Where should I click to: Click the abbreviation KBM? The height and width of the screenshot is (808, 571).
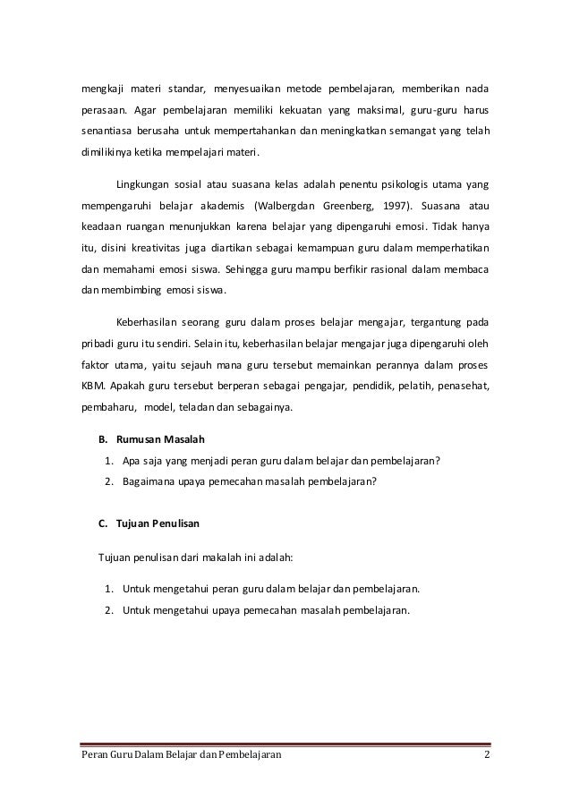pyautogui.click(x=83, y=387)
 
